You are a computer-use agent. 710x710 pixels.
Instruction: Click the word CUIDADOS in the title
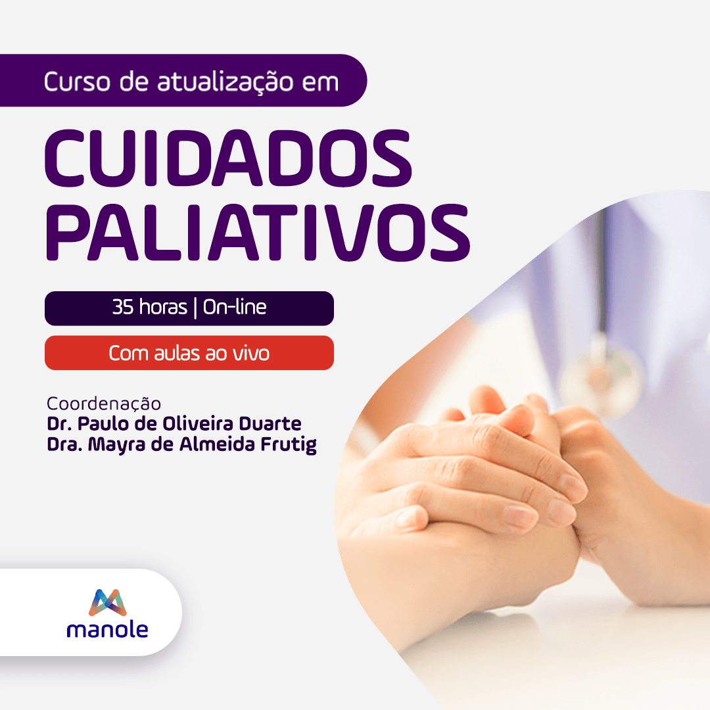coord(227,158)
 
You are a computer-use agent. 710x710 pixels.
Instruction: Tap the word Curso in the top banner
coord(68,82)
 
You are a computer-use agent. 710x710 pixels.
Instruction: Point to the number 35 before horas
coord(123,308)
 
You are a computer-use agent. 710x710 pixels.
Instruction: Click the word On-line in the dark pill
coord(235,308)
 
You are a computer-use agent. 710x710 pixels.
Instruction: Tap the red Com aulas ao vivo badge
coord(189,353)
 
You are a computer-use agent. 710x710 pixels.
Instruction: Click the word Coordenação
coord(104,403)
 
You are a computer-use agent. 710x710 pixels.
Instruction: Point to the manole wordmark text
coord(107,630)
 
